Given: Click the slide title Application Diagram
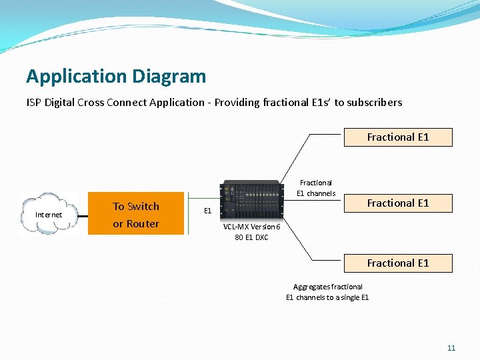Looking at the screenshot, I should [116, 77].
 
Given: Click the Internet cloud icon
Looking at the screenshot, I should [49, 214].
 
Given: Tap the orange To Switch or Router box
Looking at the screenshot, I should [136, 215].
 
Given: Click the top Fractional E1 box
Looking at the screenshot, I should [398, 137].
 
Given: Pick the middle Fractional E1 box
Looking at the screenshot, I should [398, 203].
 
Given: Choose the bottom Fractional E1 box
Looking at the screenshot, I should [398, 263].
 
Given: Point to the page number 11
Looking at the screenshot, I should [451, 348].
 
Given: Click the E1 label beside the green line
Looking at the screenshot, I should [207, 211].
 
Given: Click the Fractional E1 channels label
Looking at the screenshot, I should [316, 188].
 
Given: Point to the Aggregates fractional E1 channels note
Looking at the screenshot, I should [327, 292].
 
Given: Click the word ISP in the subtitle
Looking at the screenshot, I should [34, 103].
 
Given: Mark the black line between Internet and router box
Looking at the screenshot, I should [84, 215].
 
